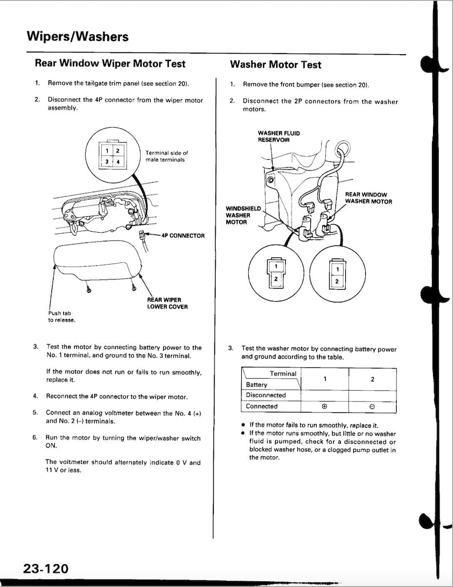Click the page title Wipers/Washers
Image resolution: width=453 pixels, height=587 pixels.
77,37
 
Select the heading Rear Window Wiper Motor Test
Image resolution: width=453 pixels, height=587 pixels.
110,64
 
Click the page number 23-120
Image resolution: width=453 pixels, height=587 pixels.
46,568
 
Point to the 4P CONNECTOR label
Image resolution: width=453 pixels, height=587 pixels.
183,235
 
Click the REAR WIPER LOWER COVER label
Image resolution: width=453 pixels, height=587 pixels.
167,303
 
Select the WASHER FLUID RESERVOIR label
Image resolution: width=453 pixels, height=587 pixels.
278,136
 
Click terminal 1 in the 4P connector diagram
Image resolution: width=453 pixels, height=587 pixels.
107,151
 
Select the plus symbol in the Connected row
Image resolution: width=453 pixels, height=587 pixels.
324,407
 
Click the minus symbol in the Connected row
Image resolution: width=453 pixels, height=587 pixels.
372,407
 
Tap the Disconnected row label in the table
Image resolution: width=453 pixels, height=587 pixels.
266,395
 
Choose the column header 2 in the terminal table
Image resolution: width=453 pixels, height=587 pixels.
372,379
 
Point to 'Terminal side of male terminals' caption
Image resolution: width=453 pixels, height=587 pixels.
167,156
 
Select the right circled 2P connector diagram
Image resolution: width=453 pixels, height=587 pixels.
337,272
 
